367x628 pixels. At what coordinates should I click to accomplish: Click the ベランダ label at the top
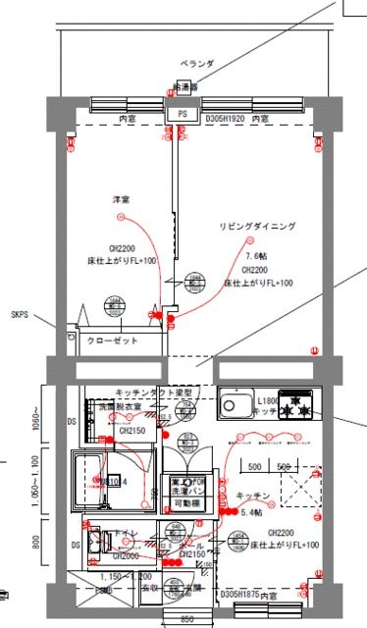click(210, 63)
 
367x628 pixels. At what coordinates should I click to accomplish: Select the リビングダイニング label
click(256, 227)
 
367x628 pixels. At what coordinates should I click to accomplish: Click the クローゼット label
click(113, 340)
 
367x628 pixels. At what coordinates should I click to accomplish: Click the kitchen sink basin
click(236, 403)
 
